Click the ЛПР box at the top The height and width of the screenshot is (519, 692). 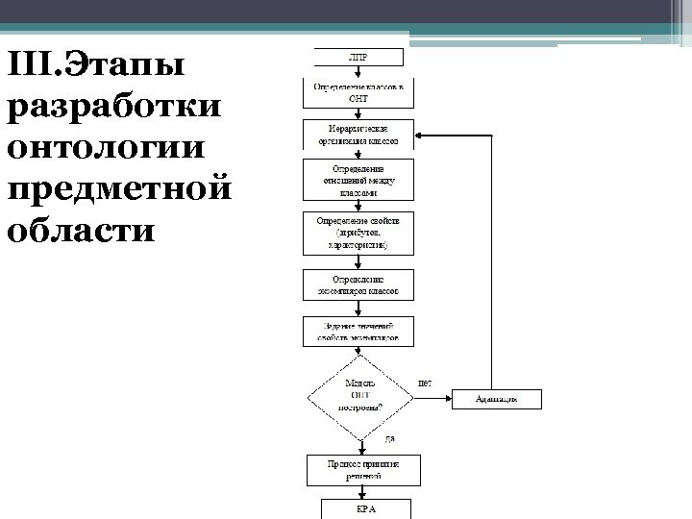[358, 58]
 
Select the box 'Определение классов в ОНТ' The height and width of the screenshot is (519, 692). [358, 93]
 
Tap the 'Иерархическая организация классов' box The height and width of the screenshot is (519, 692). [358, 134]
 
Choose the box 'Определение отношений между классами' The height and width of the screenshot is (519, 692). [358, 181]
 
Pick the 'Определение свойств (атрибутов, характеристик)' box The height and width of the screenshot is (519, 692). [358, 233]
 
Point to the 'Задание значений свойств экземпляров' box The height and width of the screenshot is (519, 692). [358, 332]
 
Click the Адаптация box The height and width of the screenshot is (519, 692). [497, 398]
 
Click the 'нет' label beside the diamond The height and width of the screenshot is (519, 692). [425, 383]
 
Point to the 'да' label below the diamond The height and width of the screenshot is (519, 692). [389, 439]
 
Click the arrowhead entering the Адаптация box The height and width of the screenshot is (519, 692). [448, 398]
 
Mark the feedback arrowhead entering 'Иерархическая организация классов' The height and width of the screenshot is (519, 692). [419, 134]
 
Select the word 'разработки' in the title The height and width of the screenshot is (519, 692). [113, 108]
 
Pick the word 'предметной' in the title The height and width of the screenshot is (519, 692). [119, 189]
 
